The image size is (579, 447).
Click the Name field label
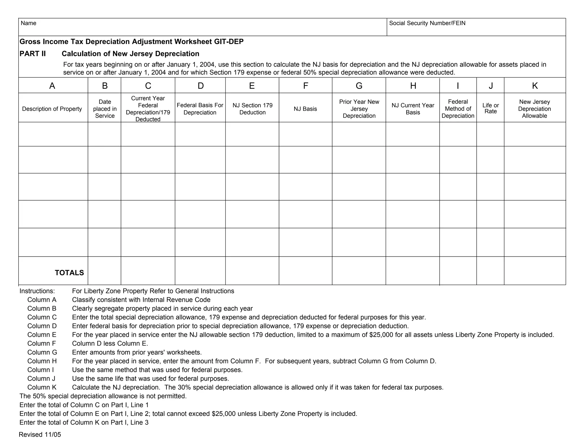pyautogui.click(x=28, y=23)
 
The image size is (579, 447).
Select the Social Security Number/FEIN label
pyautogui.click(x=427, y=23)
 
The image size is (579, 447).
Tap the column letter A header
pyautogui.click(x=52, y=86)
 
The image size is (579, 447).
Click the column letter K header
pyautogui.click(x=535, y=86)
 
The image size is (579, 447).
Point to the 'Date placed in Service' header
pyautogui.click(x=105, y=109)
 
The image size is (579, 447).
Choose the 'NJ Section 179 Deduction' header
pyautogui.click(x=252, y=109)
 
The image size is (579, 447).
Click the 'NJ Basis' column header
pyautogui.click(x=305, y=109)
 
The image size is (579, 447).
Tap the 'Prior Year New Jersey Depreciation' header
pyautogui.click(x=359, y=109)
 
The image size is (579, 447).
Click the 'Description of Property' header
pyautogui.click(x=52, y=109)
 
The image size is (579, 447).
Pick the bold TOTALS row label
pyautogui.click(x=69, y=273)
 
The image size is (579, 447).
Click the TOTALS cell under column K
pyautogui.click(x=535, y=271)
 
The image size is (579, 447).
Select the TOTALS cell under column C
pyautogui.click(x=148, y=271)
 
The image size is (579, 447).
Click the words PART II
pyautogui.click(x=33, y=54)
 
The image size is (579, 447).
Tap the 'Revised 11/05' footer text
pyautogui.click(x=40, y=435)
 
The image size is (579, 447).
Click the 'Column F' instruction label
pyautogui.click(x=42, y=343)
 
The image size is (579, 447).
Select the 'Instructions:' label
pyautogui.click(x=37, y=291)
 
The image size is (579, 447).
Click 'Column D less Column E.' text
pyautogui.click(x=110, y=343)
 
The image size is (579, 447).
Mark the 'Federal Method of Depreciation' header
pyautogui.click(x=458, y=109)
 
